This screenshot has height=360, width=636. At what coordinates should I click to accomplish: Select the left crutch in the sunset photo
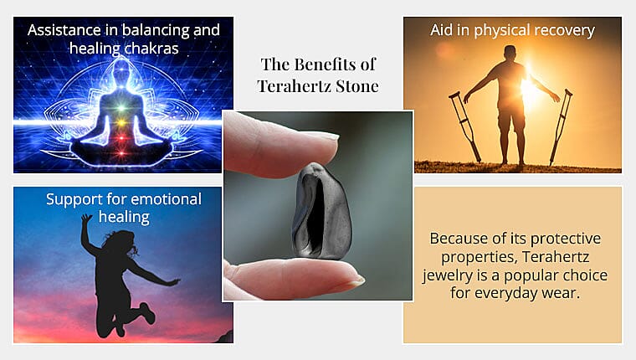[464, 126]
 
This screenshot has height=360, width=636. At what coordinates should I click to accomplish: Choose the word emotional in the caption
[164, 199]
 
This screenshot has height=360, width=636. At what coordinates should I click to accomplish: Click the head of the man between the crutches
[511, 53]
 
